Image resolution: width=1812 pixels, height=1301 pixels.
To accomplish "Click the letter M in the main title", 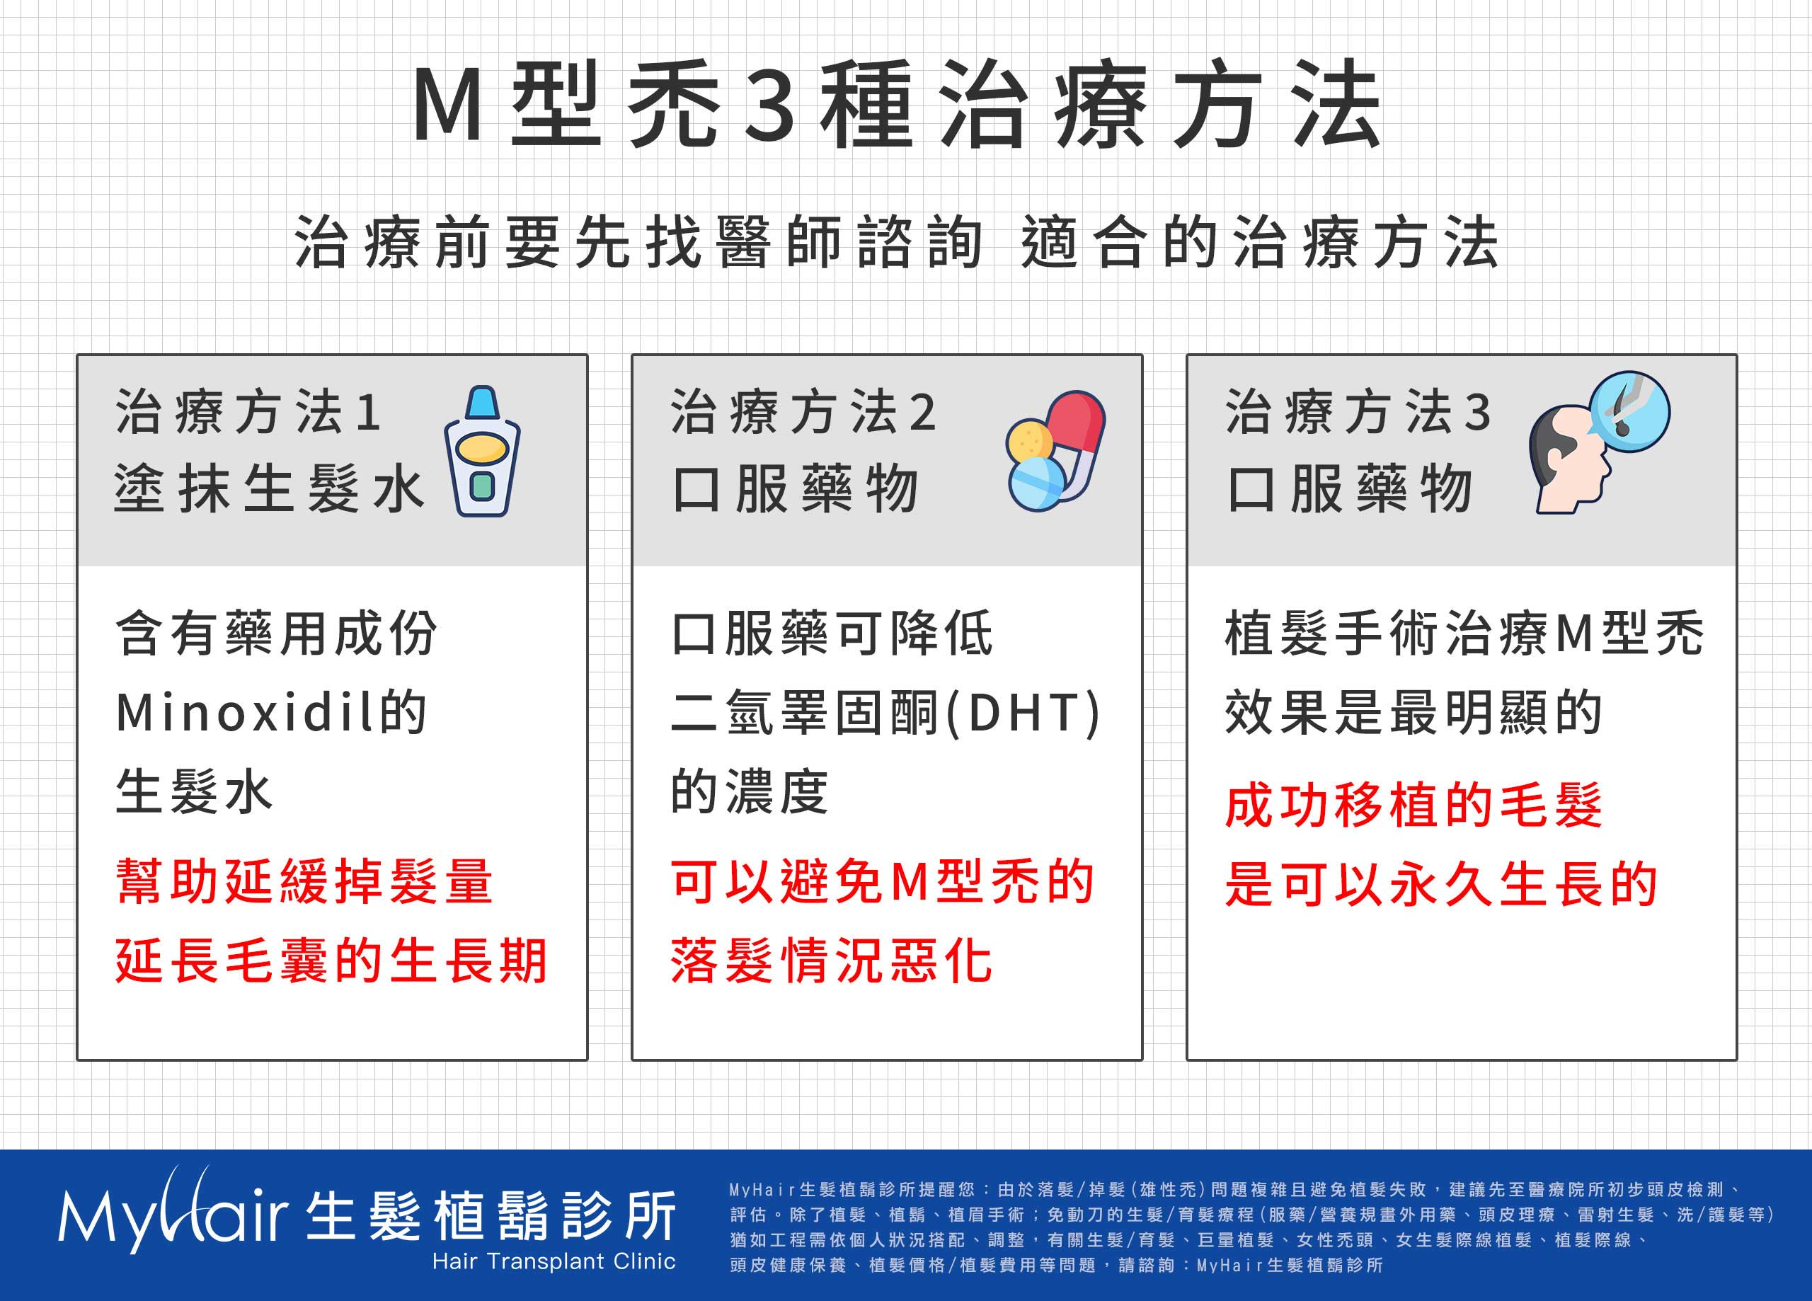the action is point(447,104).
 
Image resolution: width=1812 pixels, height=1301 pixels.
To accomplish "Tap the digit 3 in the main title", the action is point(769,105).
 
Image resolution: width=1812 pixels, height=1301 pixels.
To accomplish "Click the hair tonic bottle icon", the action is point(482,451).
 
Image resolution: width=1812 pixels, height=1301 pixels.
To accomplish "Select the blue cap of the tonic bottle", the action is point(482,402).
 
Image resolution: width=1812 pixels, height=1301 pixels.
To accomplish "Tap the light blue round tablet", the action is point(1036,483).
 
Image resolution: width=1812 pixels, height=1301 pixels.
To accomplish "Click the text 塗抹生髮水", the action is point(269,488).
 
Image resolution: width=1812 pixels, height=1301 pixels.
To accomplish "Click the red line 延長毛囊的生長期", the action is point(331,961).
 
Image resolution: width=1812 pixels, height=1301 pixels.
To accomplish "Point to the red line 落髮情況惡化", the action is point(832,961).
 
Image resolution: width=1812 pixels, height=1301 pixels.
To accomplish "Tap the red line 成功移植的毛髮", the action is point(1414,805).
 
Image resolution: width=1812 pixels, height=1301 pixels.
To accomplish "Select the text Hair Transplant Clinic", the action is point(554,1261).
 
